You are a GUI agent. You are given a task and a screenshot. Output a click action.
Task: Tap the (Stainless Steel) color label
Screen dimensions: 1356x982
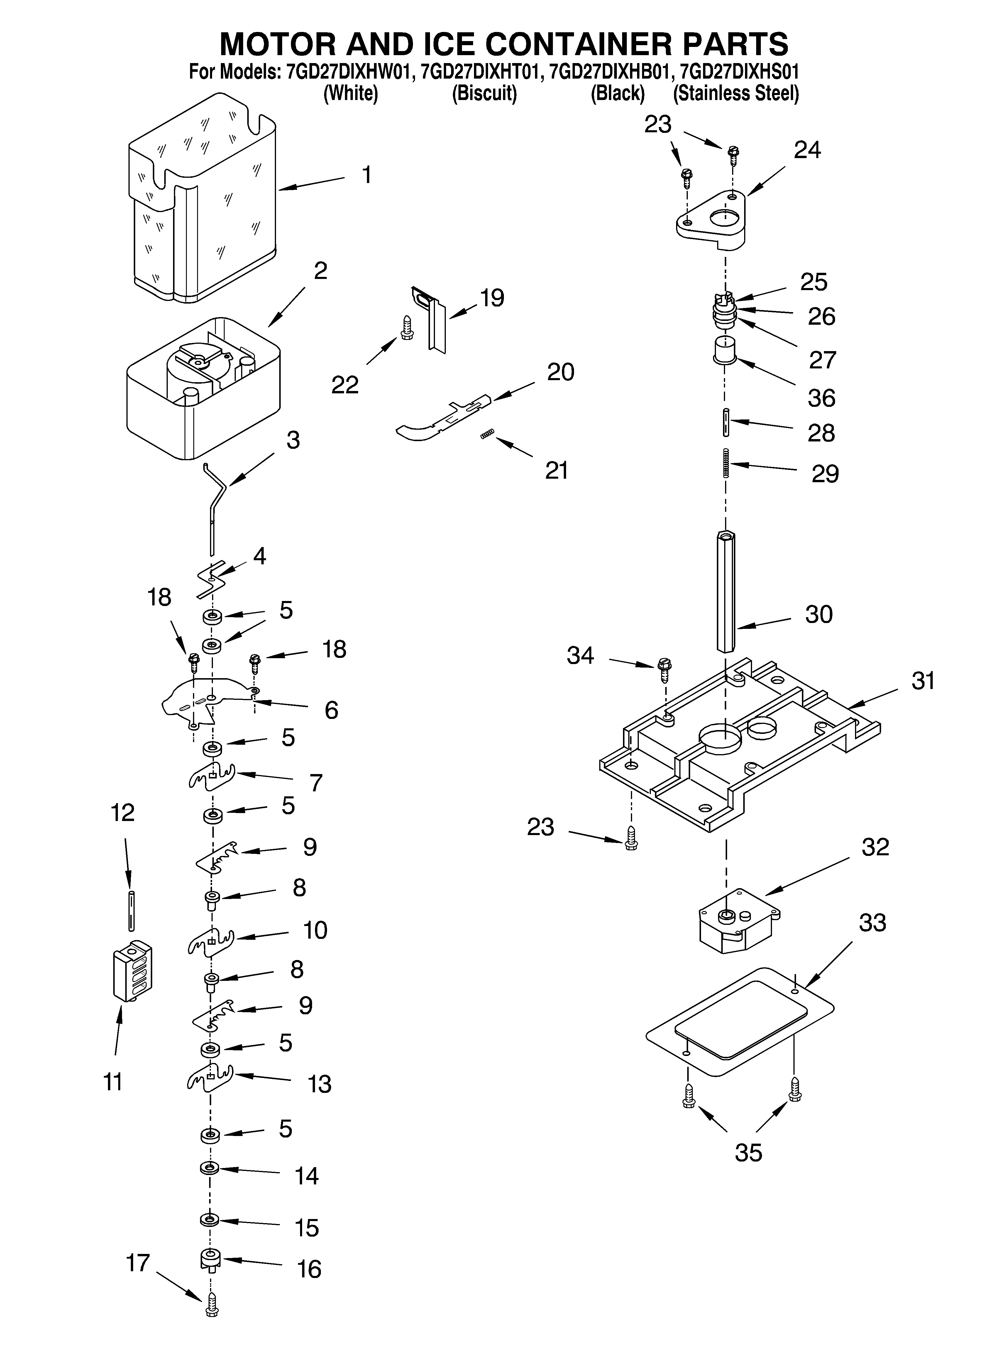pyautogui.click(x=736, y=94)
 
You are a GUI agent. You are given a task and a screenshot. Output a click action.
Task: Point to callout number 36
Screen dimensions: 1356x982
pyautogui.click(x=821, y=398)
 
